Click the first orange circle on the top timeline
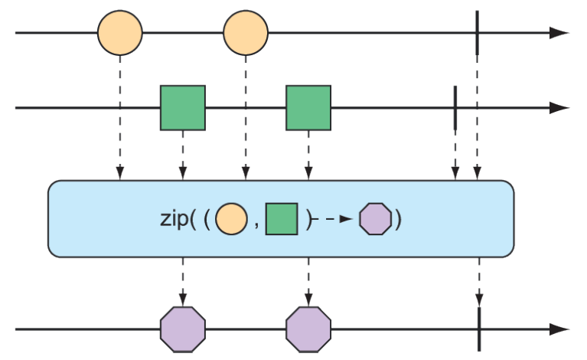tap(120, 34)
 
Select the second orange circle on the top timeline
tap(246, 34)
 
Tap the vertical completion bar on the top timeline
tap(477, 33)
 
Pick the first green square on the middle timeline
tap(182, 108)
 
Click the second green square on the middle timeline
tap(308, 108)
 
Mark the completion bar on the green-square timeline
tap(455, 108)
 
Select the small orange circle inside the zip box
tap(231, 220)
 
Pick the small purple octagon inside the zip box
tap(375, 220)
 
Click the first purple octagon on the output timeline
tap(182, 329)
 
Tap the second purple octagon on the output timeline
tap(308, 329)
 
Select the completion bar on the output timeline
tap(478, 329)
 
